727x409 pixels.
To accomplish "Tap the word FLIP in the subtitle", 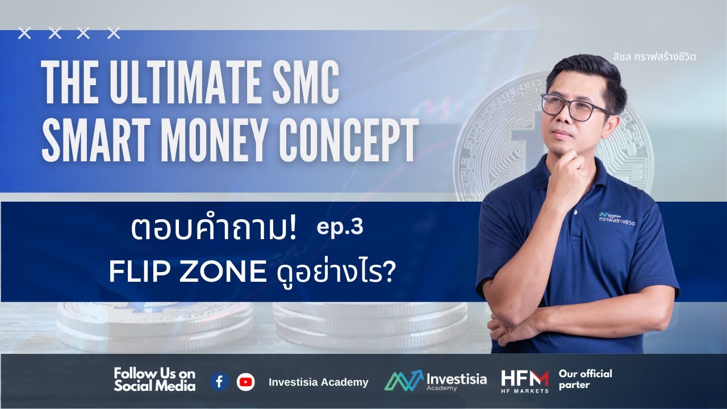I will [135, 274].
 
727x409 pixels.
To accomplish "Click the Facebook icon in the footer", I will [219, 382].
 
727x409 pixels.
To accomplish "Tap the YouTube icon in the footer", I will [246, 382].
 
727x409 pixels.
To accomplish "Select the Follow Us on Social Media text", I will [154, 379].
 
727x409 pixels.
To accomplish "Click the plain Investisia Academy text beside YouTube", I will [318, 382].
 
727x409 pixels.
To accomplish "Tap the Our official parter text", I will [585, 379].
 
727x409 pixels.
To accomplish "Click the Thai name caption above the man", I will [654, 56].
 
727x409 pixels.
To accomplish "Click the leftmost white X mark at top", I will [24, 34].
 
